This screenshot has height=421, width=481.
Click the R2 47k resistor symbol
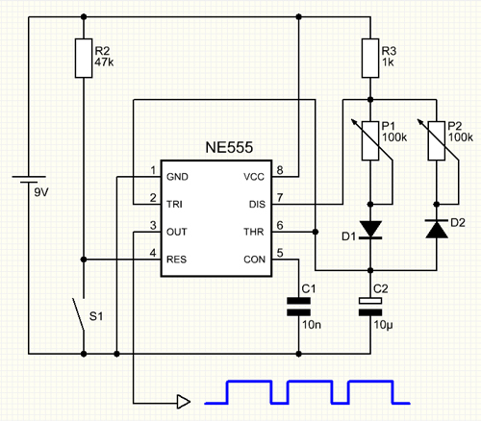[84, 59]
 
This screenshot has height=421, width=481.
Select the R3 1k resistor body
[370, 59]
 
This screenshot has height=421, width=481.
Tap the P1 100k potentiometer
[371, 140]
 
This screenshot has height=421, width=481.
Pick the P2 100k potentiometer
[438, 140]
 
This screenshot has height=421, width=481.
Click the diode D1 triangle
[370, 229]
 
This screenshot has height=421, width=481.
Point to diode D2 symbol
[437, 229]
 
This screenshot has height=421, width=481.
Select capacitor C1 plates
[298, 307]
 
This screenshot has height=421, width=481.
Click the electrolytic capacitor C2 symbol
[370, 307]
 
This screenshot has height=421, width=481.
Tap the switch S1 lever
[78, 314]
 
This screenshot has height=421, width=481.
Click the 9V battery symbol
[29, 180]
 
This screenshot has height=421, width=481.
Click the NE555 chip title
[229, 147]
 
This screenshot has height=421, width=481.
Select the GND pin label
[177, 177]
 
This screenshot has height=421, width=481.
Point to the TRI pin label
[174, 205]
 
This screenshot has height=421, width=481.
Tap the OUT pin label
[176, 232]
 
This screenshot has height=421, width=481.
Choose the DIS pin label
[257, 205]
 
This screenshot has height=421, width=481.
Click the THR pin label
[254, 232]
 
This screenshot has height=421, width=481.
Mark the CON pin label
[254, 260]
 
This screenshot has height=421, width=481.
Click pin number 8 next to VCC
[280, 170]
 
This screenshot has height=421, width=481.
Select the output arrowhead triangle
[184, 402]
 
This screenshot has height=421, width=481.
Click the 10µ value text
[383, 325]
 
